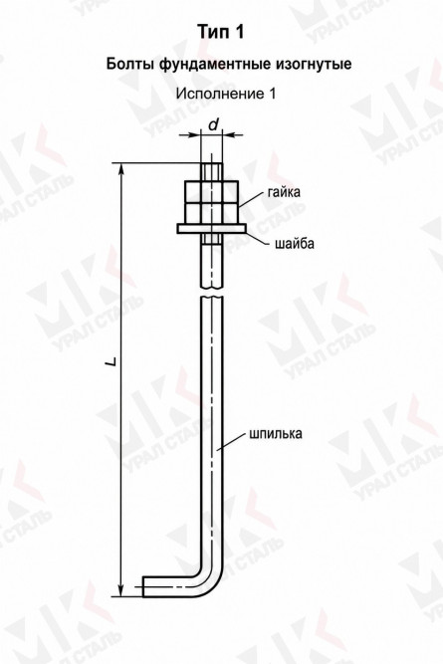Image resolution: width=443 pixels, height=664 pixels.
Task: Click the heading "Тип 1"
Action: [x=221, y=32]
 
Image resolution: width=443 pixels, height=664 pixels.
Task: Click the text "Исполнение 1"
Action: [x=226, y=94]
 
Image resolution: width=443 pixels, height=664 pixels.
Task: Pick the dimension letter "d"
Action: [x=214, y=124]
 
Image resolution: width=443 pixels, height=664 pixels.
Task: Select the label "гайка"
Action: [x=284, y=192]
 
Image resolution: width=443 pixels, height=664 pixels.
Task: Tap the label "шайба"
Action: [x=295, y=244]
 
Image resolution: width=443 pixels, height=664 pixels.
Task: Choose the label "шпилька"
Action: [x=276, y=434]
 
